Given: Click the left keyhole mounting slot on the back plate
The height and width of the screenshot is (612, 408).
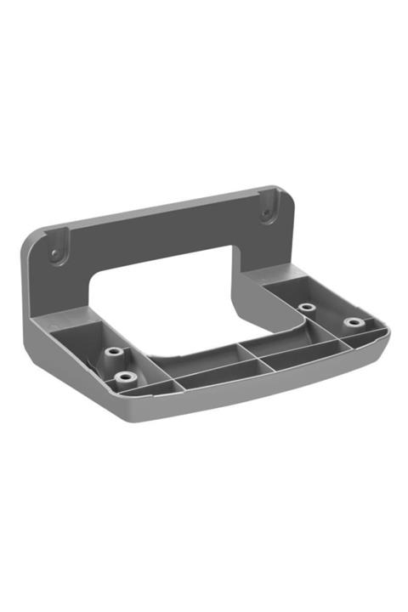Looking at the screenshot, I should click(55, 252).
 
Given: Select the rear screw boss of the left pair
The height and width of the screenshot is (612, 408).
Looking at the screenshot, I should click(113, 351).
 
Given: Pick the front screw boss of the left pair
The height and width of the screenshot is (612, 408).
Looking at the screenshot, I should click(126, 376).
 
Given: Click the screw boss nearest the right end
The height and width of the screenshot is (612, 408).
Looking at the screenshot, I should click(351, 323).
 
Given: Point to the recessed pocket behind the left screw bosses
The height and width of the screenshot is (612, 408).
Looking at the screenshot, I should click(81, 331).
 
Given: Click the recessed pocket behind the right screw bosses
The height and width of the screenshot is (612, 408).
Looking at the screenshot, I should click(285, 285).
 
